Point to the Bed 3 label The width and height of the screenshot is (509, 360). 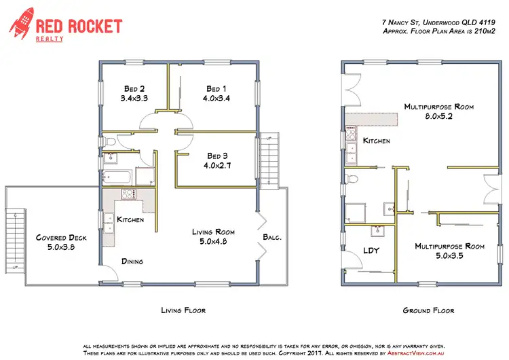pyautogui.click(x=217, y=155)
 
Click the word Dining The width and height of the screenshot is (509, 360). pyautogui.click(x=133, y=261)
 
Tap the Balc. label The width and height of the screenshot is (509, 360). pyautogui.click(x=272, y=238)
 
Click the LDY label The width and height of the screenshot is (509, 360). pyautogui.click(x=371, y=251)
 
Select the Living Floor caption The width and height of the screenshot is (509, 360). pyautogui.click(x=183, y=310)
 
